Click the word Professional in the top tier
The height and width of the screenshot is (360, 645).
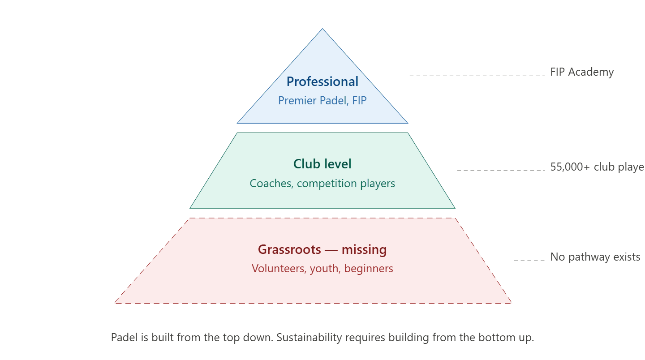tap(322, 81)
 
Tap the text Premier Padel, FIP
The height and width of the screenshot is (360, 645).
tap(322, 100)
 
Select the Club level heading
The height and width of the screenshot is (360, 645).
tap(322, 164)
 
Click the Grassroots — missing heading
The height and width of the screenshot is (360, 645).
tap(322, 249)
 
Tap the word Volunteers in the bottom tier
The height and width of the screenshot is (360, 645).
tap(278, 268)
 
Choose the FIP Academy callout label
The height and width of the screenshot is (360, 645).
tap(582, 72)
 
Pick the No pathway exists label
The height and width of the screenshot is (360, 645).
tap(595, 257)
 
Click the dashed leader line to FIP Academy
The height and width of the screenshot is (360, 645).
tap(477, 76)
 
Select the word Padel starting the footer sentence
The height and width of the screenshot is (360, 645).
tap(123, 338)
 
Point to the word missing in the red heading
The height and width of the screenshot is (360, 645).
tap(364, 249)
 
